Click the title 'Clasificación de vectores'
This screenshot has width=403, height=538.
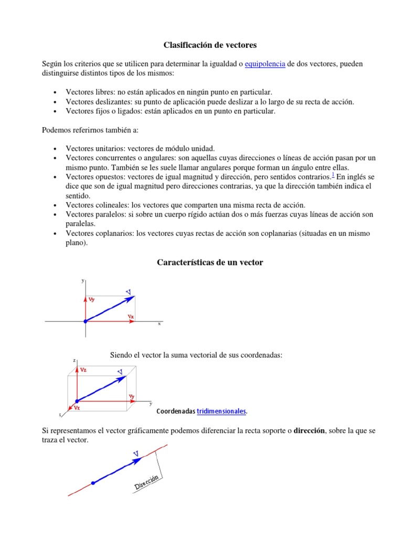[x=210, y=45]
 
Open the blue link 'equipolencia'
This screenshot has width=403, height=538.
[x=265, y=64]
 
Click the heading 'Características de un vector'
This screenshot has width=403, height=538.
[x=210, y=262]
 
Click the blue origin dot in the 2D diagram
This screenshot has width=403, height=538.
[x=85, y=321]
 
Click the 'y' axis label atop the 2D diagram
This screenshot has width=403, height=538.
[x=82, y=281]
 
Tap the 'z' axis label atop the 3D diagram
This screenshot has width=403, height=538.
[x=74, y=360]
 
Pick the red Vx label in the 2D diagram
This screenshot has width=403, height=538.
[x=131, y=317]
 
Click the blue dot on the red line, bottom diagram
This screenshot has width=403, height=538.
[x=93, y=483]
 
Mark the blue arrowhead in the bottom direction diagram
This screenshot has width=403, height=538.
[x=137, y=460]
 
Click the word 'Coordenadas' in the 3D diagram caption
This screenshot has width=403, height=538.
[x=176, y=411]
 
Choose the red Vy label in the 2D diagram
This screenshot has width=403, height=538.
[x=92, y=299]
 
